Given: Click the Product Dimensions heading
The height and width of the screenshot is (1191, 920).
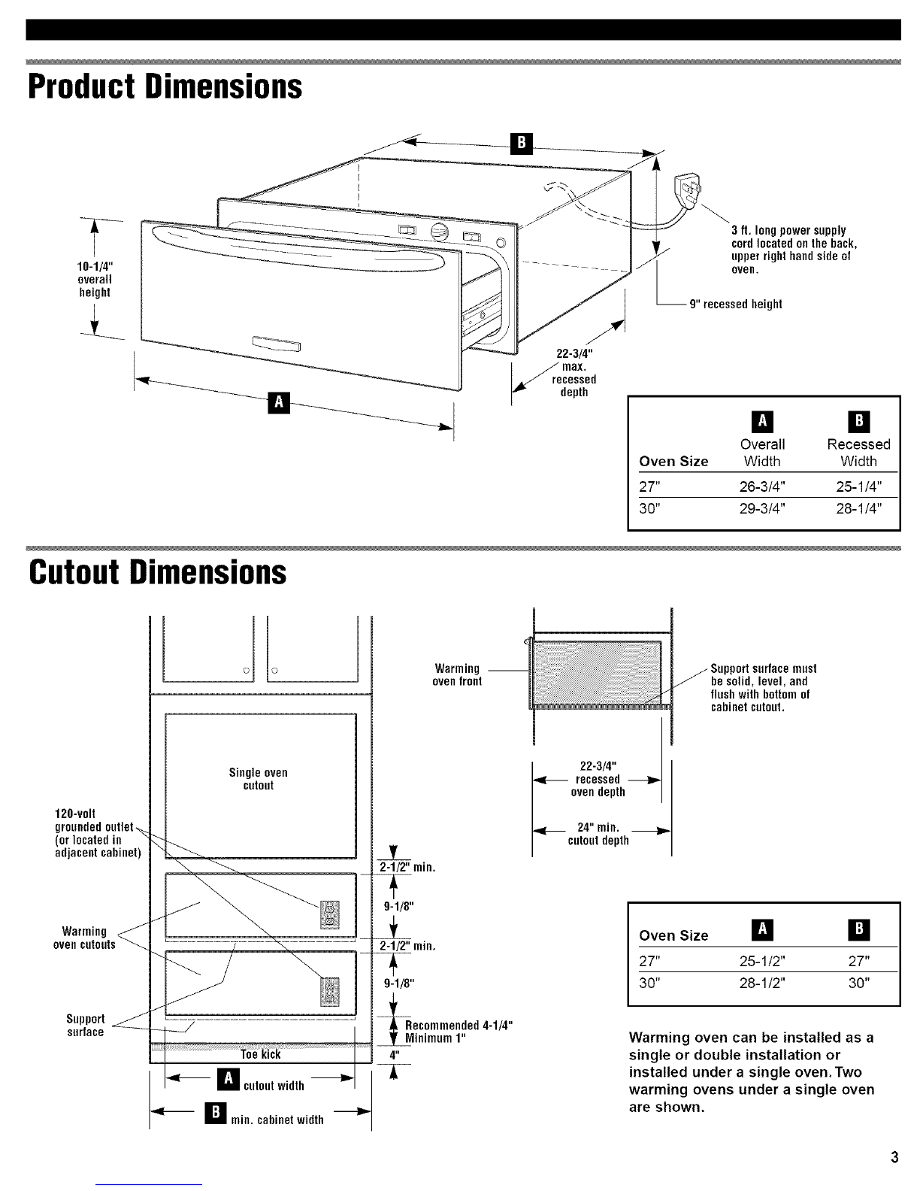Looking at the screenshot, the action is pyautogui.click(x=165, y=87).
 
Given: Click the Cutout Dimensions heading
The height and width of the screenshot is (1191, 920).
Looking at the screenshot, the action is pyautogui.click(x=157, y=573).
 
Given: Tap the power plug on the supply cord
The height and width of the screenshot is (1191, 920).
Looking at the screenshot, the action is pyautogui.click(x=688, y=189).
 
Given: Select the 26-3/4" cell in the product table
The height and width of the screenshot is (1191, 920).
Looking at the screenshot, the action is pyautogui.click(x=762, y=486).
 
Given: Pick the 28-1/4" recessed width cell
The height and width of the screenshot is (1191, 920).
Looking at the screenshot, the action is pyautogui.click(x=858, y=508).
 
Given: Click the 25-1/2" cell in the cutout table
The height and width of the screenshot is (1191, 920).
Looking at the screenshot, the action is pyautogui.click(x=762, y=961).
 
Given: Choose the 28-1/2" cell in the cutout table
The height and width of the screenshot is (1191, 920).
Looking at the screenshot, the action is pyautogui.click(x=762, y=983).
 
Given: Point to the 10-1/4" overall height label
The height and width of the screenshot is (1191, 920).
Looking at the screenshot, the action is pyautogui.click(x=95, y=280).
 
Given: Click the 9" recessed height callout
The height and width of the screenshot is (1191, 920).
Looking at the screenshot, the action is pyautogui.click(x=735, y=305).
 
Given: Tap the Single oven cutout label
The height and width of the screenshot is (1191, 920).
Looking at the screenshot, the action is pyautogui.click(x=258, y=779).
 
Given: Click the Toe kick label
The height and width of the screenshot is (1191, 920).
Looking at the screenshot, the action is pyautogui.click(x=261, y=1054).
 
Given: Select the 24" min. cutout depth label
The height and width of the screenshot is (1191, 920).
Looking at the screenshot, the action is pyautogui.click(x=598, y=834).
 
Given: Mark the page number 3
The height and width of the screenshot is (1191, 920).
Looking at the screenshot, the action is pyautogui.click(x=894, y=1157).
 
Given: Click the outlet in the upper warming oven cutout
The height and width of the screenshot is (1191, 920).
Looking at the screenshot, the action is pyautogui.click(x=330, y=915).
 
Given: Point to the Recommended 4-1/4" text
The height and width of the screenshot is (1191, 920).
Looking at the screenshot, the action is pyautogui.click(x=458, y=1025).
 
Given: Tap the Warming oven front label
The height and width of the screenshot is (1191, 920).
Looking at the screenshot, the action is pyautogui.click(x=457, y=674).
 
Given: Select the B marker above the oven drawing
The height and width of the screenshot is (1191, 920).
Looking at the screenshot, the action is pyautogui.click(x=521, y=144).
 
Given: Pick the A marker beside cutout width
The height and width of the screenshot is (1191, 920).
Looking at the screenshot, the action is pyautogui.click(x=228, y=1079).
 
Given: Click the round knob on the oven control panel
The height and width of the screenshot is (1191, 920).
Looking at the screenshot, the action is pyautogui.click(x=440, y=232).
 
